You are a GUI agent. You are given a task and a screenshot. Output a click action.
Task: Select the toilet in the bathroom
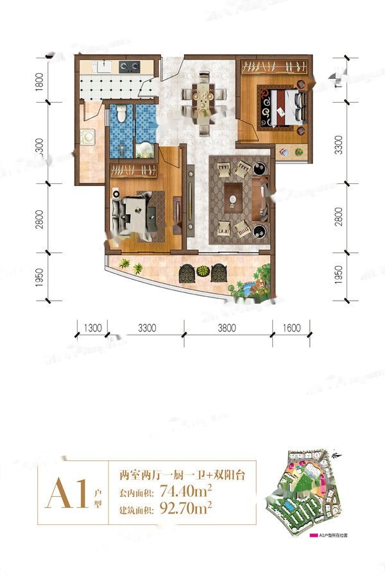(x=122, y=115)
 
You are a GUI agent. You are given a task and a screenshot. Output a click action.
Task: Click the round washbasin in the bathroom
(x=146, y=149)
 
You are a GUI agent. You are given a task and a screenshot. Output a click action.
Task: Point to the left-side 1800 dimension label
(x=39, y=83)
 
